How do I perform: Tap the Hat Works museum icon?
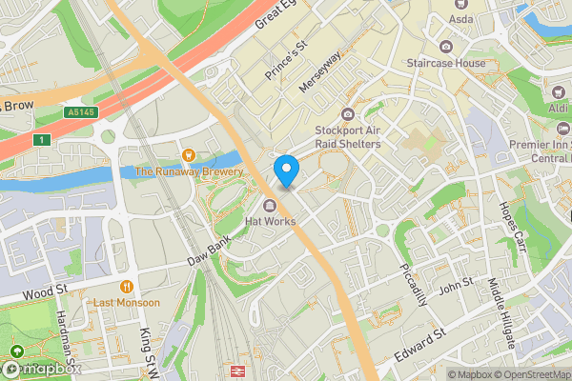(271, 206)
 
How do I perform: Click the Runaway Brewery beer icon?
(189, 155)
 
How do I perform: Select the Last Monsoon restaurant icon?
(126, 286)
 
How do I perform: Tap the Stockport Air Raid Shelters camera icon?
(349, 114)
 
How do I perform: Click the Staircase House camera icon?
(446, 47)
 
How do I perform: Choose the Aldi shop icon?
(558, 93)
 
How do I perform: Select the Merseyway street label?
(319, 71)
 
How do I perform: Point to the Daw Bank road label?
(208, 252)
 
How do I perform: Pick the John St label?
(455, 285)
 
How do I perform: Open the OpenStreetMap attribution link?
(524, 374)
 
